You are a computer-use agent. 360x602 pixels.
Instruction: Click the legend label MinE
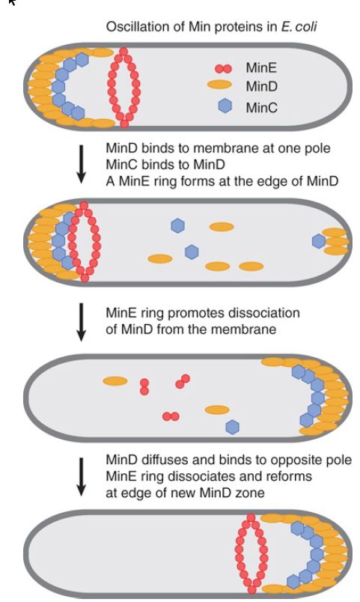[261, 68]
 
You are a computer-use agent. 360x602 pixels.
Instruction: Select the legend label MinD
[261, 86]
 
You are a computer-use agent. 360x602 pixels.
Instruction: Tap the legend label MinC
[262, 108]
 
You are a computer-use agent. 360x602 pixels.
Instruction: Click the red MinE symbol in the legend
[223, 69]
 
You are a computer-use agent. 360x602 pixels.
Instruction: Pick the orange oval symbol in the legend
[219, 85]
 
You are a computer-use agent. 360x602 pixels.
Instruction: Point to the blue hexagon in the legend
[225, 106]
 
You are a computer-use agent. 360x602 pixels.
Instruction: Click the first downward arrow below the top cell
[81, 164]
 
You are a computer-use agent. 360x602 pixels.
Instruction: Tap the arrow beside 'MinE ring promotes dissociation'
[81, 322]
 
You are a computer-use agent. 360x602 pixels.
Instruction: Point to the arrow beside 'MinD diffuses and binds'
[81, 476]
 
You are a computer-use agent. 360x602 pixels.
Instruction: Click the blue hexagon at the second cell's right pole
[319, 241]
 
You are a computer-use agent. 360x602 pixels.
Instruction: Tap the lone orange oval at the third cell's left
[115, 381]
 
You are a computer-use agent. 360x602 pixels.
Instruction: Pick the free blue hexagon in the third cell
[232, 427]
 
